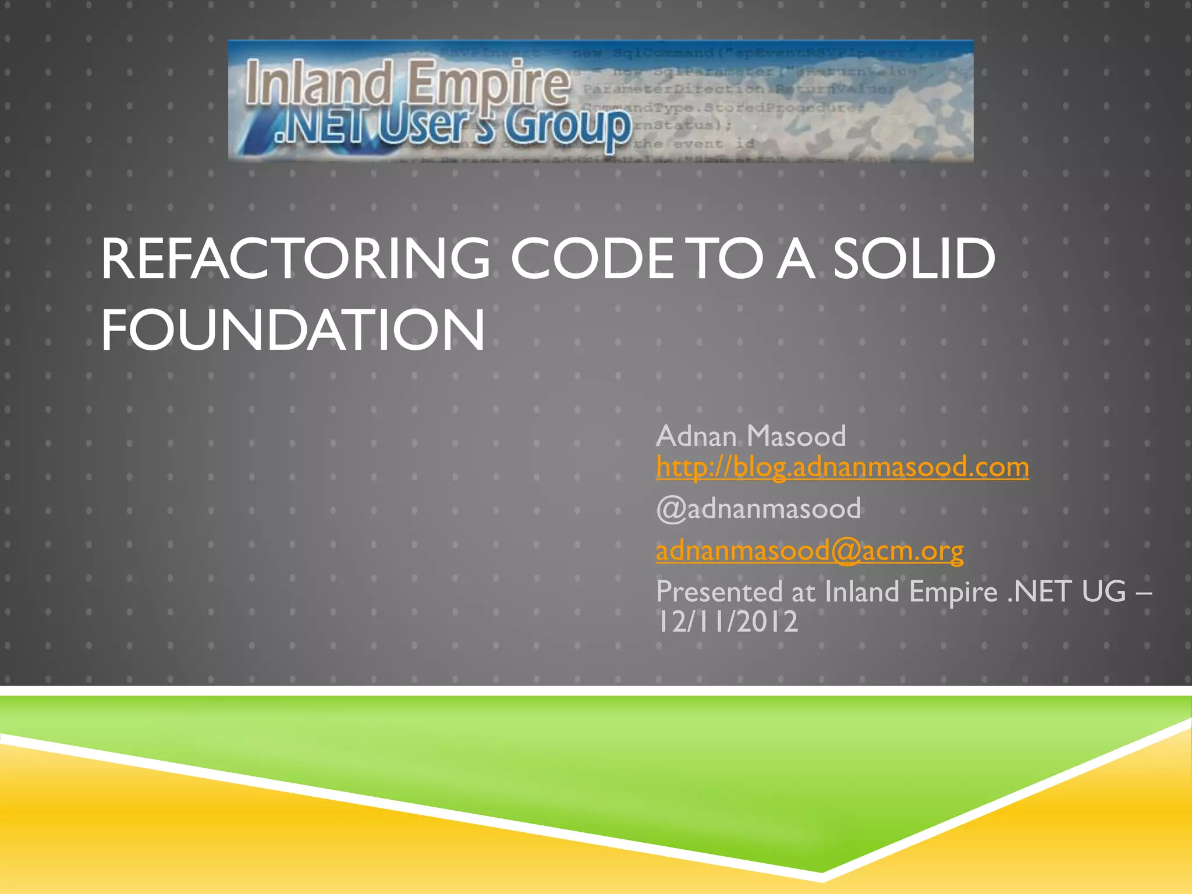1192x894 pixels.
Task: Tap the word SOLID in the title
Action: [914, 259]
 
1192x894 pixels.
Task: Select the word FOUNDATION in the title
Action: [293, 330]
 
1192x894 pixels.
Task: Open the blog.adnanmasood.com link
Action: [842, 467]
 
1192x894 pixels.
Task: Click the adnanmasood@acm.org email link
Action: [810, 550]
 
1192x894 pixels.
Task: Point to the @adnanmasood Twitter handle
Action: [758, 509]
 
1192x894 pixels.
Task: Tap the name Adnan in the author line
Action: [696, 436]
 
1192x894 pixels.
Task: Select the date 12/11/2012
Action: [727, 622]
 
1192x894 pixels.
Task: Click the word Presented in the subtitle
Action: [719, 592]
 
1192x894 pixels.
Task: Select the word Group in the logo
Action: [567, 126]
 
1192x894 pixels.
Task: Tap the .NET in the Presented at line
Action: [1039, 592]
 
